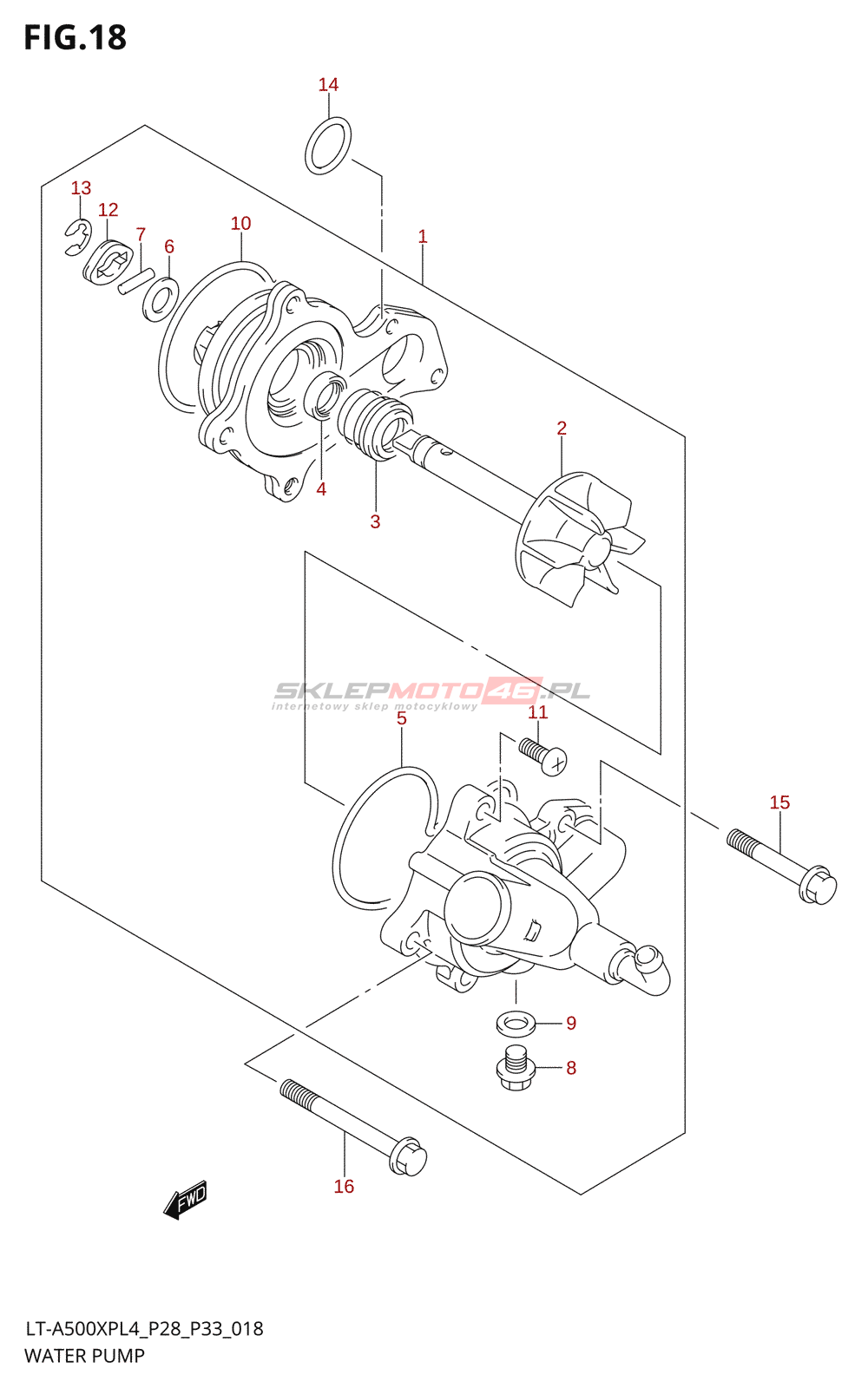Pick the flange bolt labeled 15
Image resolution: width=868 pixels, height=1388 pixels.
(x=781, y=865)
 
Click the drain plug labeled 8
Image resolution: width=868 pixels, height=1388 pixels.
(x=516, y=1069)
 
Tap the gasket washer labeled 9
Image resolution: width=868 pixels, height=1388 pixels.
(x=516, y=1024)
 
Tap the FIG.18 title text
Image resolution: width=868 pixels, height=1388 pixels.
(x=76, y=37)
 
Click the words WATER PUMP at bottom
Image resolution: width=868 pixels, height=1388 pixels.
(x=85, y=1356)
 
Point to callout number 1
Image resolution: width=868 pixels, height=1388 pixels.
(x=423, y=236)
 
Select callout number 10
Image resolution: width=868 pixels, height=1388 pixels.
(x=240, y=223)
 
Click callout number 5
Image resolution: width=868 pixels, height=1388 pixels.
(x=401, y=718)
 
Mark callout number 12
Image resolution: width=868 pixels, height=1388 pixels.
(x=108, y=210)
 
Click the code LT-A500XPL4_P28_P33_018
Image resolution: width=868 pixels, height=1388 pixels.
(x=144, y=1329)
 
